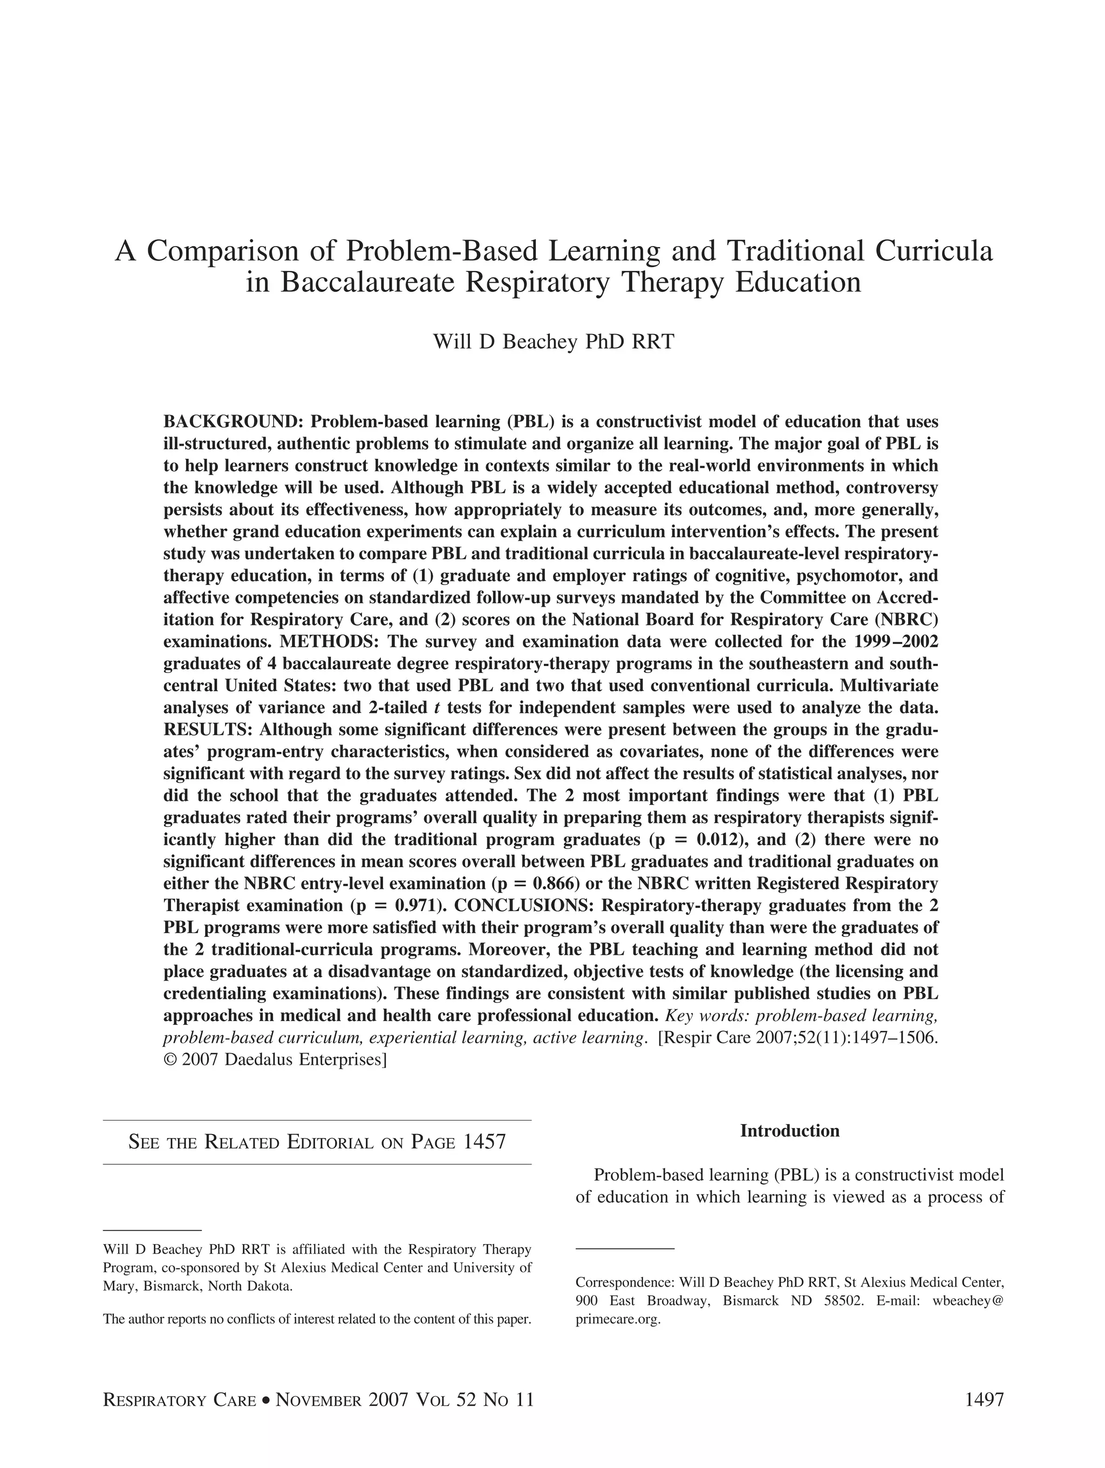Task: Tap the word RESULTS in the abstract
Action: (208, 730)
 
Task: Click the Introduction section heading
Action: (789, 1131)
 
